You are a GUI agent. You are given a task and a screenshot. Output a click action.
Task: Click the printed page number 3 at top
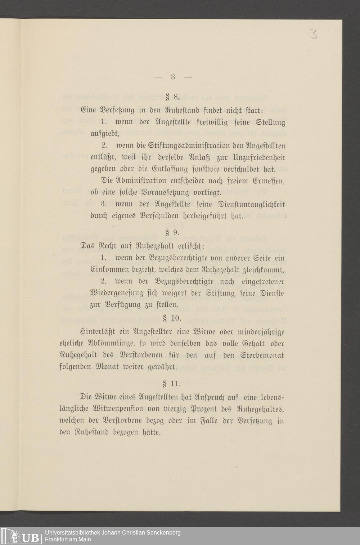point(173,76)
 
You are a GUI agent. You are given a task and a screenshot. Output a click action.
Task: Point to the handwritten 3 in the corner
point(314,35)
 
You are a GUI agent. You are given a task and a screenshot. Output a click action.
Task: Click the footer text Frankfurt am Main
point(68,539)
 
